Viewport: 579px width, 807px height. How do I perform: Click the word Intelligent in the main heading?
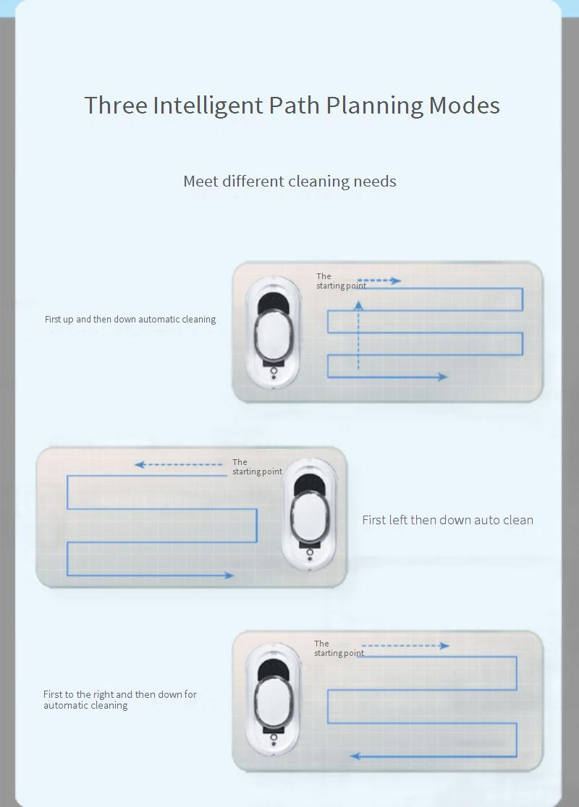[x=208, y=106]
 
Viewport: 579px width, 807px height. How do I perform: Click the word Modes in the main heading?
[x=464, y=106]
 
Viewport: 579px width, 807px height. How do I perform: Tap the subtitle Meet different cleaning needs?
[x=289, y=182]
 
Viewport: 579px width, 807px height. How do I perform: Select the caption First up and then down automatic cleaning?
[x=130, y=319]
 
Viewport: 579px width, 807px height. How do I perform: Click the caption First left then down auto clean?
[x=448, y=520]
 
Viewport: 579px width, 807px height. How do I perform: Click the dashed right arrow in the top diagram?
[x=379, y=281]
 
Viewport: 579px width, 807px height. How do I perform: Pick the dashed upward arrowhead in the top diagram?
[x=358, y=306]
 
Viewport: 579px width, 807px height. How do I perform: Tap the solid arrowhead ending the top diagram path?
[x=442, y=377]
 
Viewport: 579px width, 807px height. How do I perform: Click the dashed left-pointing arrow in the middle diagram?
[x=178, y=465]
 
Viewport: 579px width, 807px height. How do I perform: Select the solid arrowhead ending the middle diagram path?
[x=229, y=575]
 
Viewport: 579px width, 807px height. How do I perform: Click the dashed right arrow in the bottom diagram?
[x=405, y=646]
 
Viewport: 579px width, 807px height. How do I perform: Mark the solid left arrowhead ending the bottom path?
[x=355, y=756]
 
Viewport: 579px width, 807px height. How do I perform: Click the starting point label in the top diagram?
[x=341, y=281]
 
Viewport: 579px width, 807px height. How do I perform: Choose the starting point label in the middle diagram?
[x=257, y=467]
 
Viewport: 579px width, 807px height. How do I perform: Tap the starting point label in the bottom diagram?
[x=339, y=649]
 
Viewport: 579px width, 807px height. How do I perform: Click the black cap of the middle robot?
[x=309, y=484]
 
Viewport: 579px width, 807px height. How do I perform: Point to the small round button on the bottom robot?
[x=274, y=738]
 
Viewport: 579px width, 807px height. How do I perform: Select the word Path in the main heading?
[x=294, y=106]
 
